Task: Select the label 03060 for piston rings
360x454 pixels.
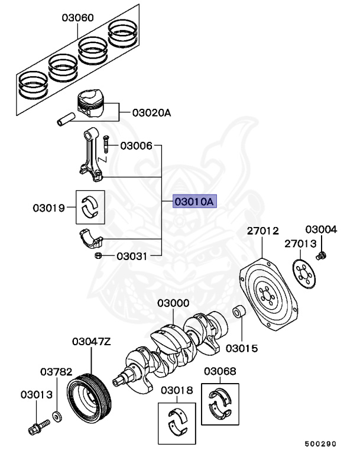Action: tap(77, 18)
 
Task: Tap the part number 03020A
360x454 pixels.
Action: tap(151, 112)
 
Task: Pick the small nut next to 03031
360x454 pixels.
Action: tap(99, 255)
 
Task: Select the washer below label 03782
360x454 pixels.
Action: tap(57, 416)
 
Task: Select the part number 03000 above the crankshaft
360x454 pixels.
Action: tap(173, 303)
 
